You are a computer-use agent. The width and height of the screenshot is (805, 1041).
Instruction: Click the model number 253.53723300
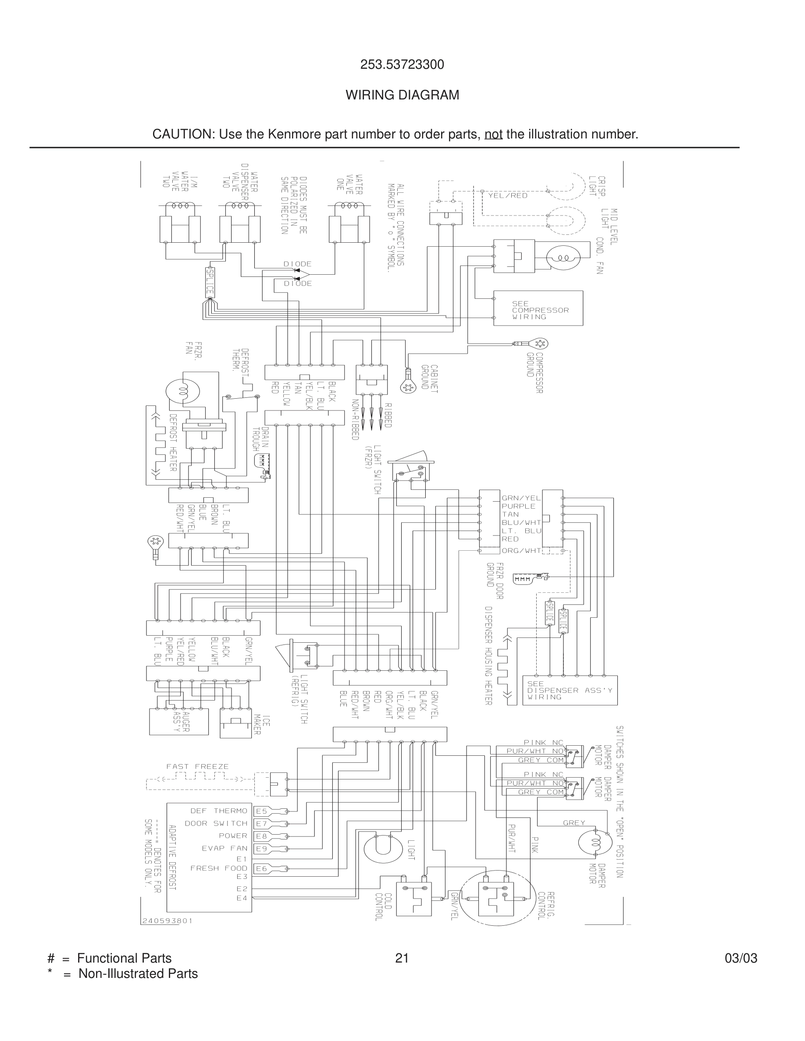402,65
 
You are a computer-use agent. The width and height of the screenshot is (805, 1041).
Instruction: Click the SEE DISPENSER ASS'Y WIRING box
570,690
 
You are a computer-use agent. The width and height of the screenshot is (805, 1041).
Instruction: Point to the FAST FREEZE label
197,766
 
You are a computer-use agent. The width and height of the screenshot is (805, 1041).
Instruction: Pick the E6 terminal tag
261,868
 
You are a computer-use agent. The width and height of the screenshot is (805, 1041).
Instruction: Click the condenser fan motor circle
563,258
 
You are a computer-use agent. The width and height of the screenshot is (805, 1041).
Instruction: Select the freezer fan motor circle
182,391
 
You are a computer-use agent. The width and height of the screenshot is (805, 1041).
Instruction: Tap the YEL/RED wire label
507,195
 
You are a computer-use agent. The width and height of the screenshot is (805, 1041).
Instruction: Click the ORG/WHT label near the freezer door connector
521,551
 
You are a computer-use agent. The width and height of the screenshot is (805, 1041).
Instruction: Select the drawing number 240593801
167,921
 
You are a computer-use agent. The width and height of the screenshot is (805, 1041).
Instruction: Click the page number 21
402,958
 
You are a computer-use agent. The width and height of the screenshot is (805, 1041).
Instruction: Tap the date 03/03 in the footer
741,958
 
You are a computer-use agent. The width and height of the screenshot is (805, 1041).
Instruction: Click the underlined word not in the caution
493,135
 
